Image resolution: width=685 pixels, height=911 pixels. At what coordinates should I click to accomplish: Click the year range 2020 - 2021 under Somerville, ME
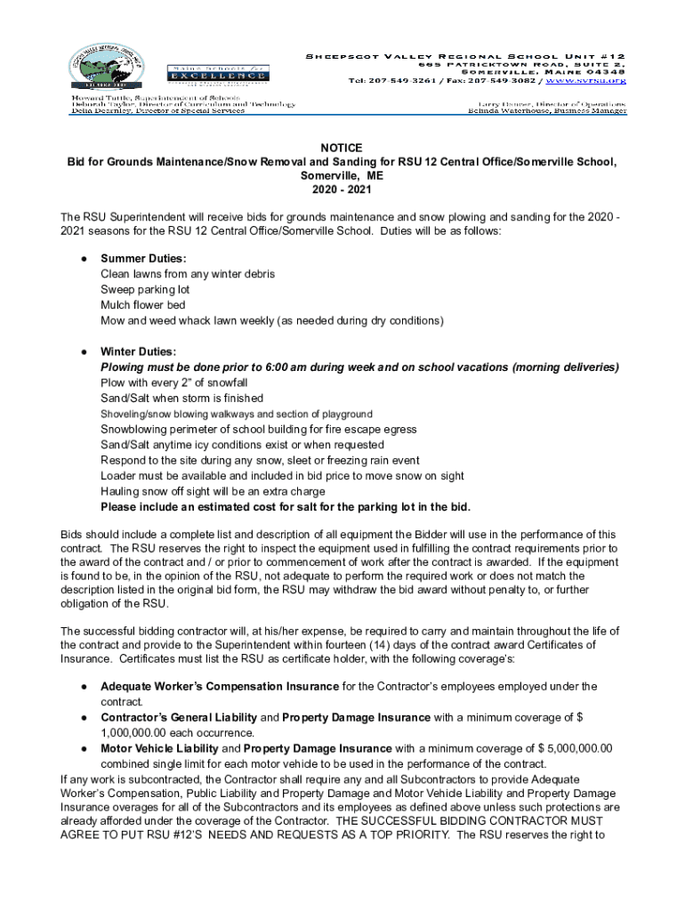point(342,189)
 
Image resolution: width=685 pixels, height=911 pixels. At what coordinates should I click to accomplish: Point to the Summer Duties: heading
point(143,258)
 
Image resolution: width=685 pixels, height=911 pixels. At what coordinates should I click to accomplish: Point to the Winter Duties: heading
point(138,351)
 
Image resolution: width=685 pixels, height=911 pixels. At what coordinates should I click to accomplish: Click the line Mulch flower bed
point(142,305)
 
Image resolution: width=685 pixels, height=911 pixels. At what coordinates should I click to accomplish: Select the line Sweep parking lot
point(145,289)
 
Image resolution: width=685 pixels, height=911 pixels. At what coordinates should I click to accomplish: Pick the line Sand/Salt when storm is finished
point(181,398)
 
